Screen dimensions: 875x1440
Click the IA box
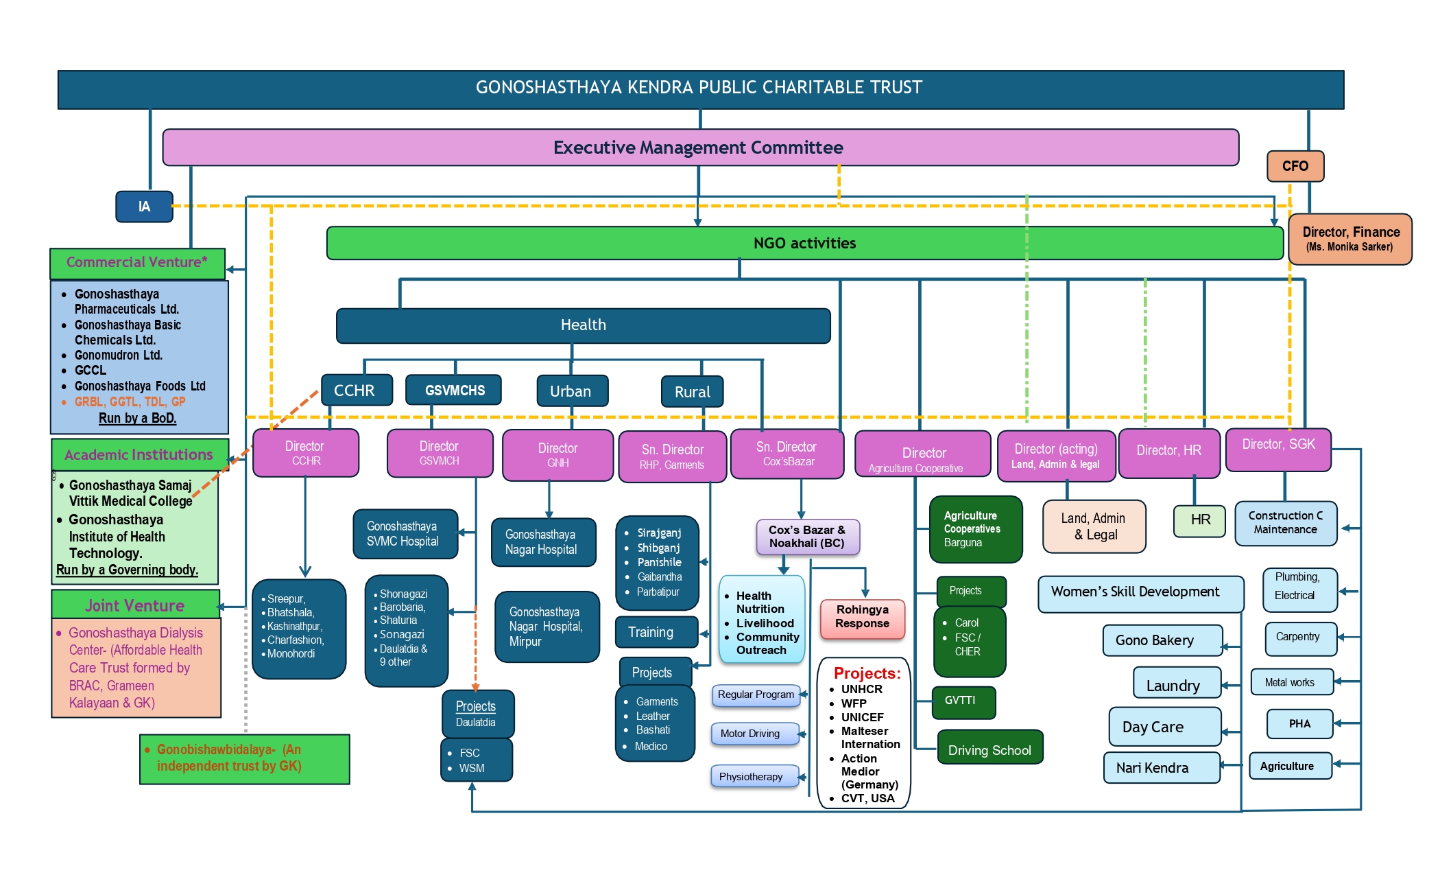[144, 207]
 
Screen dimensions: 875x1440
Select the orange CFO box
[1295, 166]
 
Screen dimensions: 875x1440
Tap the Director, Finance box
[1349, 239]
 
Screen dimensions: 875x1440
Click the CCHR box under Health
[356, 390]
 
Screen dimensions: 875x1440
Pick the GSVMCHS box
[454, 390]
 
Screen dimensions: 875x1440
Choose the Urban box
[572, 391]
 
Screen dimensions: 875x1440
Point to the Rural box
[692, 392]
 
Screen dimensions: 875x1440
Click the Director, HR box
[1168, 452]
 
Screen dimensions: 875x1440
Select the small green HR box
[1199, 520]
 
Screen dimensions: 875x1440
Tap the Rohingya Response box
[862, 617]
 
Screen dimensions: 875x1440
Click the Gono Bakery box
[1162, 640]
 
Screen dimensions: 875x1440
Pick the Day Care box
[1164, 727]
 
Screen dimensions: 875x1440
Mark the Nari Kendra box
[1162, 768]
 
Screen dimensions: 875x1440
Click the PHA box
[1299, 724]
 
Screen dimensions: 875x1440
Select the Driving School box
[989, 749]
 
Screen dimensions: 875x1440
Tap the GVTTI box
[963, 701]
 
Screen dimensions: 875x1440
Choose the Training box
[656, 632]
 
